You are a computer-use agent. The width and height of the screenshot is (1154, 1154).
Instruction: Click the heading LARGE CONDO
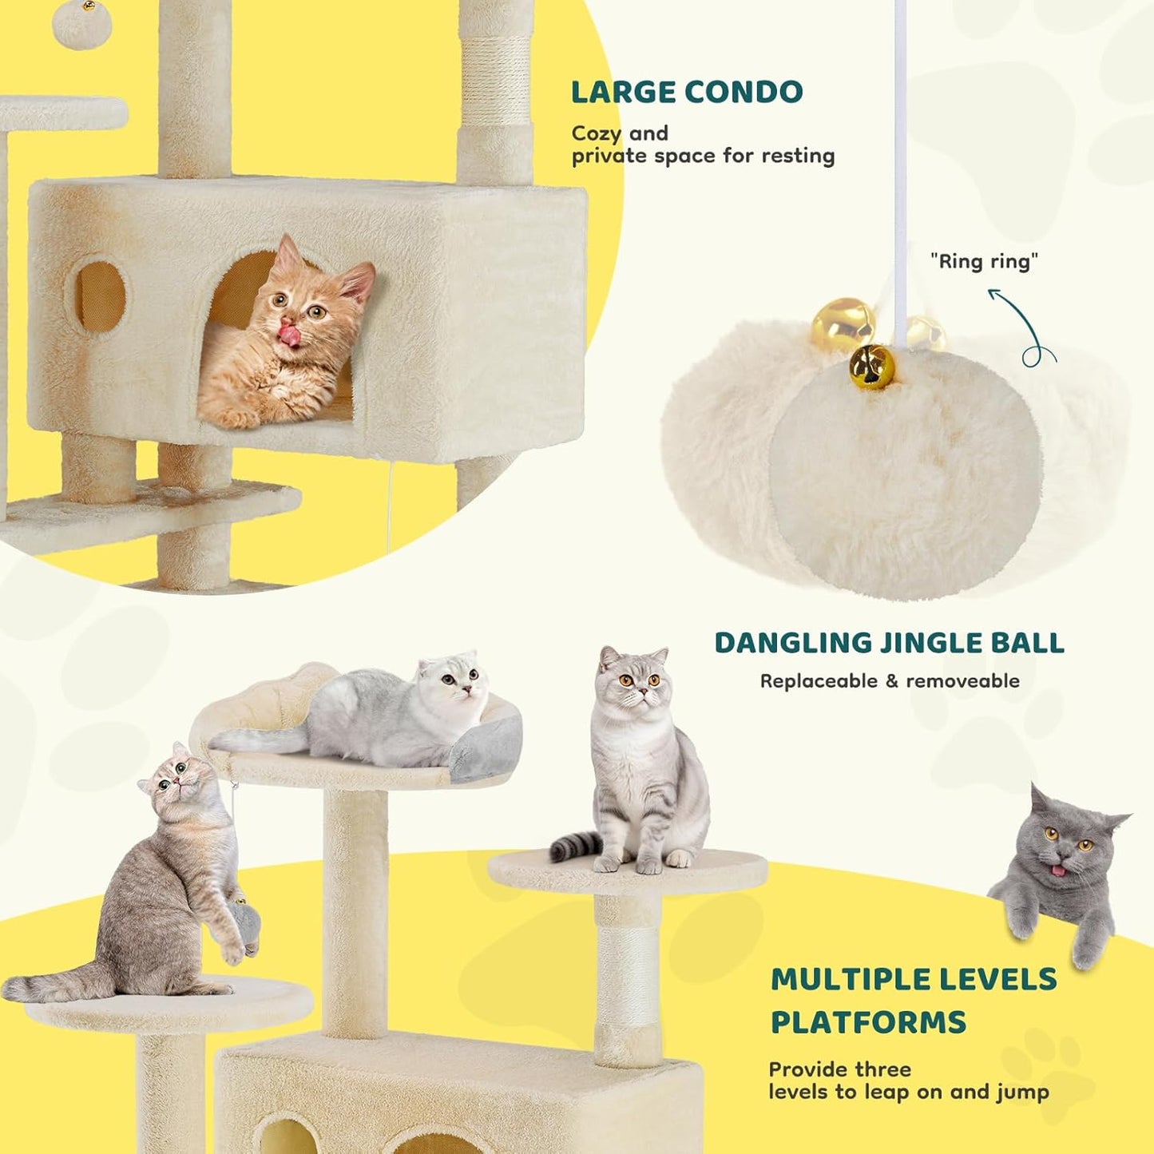(x=687, y=93)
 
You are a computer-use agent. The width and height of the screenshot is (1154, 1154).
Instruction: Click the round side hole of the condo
(x=101, y=295)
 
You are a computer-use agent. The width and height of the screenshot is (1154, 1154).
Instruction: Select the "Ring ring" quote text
(x=984, y=261)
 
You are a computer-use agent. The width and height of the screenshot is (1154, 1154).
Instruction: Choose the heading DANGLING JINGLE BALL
(x=889, y=643)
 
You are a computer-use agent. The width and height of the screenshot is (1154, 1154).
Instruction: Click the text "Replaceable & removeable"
(x=890, y=681)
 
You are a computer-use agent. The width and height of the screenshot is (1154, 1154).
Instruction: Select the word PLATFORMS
(x=868, y=1022)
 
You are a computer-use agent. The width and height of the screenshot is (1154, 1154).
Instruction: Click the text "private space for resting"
(x=703, y=156)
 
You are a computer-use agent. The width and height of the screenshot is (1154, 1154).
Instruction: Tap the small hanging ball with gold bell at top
(x=82, y=24)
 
